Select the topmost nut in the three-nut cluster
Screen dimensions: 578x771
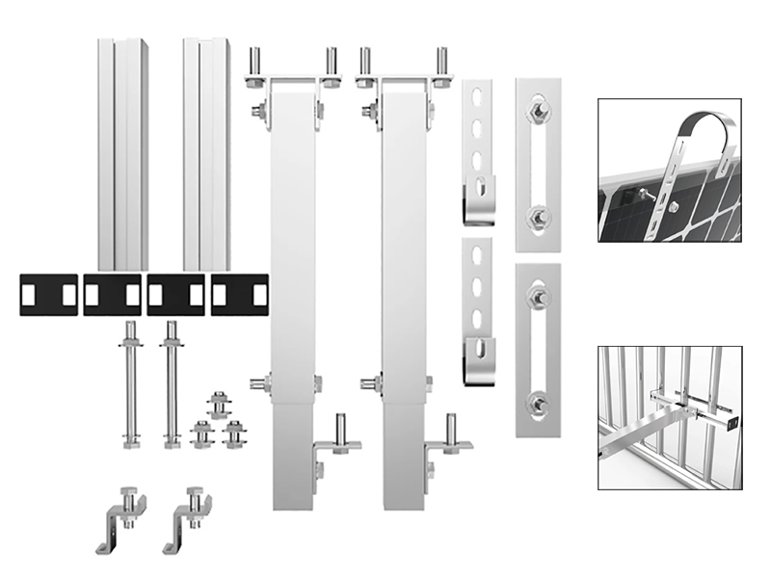219,400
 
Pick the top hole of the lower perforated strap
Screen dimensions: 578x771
476,257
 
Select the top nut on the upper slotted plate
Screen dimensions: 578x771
538,113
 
